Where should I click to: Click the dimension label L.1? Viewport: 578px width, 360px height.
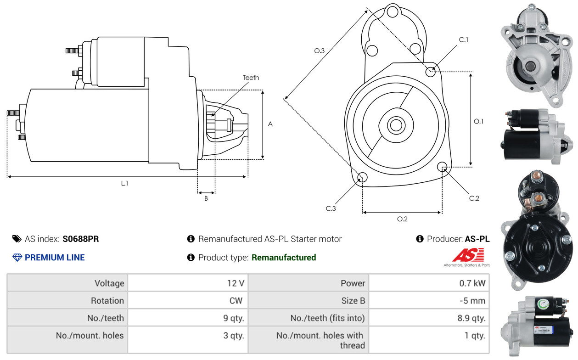(124, 183)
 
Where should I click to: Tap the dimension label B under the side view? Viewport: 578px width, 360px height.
(206, 199)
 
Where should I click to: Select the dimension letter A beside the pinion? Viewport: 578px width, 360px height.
(270, 124)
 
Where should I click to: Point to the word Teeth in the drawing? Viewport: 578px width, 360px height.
(251, 78)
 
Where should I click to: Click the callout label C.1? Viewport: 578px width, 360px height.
(464, 40)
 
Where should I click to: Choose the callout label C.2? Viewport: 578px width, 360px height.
(474, 198)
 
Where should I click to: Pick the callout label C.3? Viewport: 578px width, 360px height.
(331, 209)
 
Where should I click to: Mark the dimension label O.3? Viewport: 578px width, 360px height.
(320, 51)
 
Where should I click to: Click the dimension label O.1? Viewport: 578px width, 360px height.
(479, 121)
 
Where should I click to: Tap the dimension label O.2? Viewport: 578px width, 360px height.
(402, 219)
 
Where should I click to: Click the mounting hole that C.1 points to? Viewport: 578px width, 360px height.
(431, 72)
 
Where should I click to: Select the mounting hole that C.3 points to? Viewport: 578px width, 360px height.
(362, 178)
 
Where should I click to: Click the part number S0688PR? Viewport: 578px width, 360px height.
(81, 239)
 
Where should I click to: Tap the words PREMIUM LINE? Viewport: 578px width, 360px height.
(55, 258)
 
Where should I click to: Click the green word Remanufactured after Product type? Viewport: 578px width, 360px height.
(284, 258)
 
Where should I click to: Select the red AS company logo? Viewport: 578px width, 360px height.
(468, 255)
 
